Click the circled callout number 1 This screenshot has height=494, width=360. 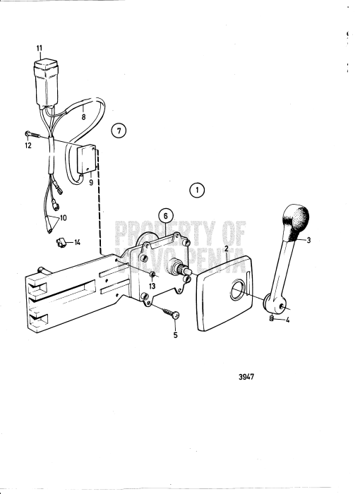pos(197,189)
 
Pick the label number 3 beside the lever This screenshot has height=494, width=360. pos(308,240)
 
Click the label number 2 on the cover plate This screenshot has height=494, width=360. pos(226,248)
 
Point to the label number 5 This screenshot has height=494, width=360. pos(175,335)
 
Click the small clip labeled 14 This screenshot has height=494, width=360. pos(61,242)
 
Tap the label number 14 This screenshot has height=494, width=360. pos(77,242)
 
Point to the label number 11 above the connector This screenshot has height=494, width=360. pos(40,48)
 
